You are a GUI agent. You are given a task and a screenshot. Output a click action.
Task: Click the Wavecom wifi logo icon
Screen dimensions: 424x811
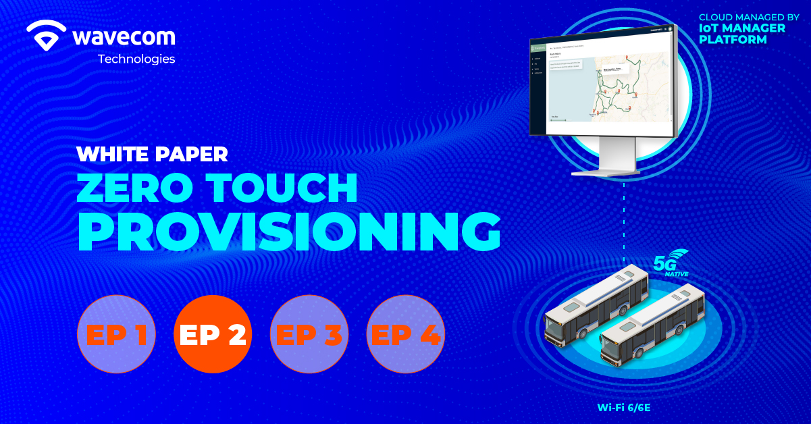click(x=47, y=34)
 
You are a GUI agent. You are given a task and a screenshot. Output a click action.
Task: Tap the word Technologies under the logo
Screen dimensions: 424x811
click(x=136, y=59)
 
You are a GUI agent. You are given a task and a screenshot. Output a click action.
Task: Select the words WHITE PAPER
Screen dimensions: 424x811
click(x=152, y=154)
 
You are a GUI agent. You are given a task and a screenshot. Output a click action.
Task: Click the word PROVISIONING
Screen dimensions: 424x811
click(x=289, y=232)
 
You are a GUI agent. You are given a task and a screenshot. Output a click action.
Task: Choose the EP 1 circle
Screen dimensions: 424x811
click(x=117, y=334)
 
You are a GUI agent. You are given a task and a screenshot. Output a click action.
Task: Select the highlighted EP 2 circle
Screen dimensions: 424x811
click(x=213, y=334)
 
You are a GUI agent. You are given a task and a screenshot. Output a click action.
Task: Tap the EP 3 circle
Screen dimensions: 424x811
click(x=309, y=334)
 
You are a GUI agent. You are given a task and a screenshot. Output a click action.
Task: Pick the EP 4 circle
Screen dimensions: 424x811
click(x=405, y=334)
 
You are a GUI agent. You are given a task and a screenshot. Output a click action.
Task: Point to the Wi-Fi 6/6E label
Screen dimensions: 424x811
click(x=623, y=407)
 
